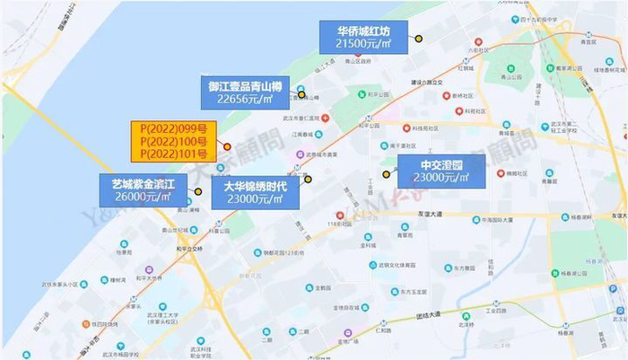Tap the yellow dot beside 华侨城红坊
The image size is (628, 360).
point(418,39)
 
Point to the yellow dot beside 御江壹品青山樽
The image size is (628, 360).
point(301,94)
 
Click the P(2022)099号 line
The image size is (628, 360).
point(173,128)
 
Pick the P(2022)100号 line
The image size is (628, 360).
point(173,141)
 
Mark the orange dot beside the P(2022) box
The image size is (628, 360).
point(227,146)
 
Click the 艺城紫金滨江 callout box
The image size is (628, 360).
point(143,190)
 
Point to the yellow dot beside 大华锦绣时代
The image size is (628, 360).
point(308,179)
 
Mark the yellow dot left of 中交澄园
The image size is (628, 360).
point(387,174)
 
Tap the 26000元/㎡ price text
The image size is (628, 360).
point(143,197)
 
